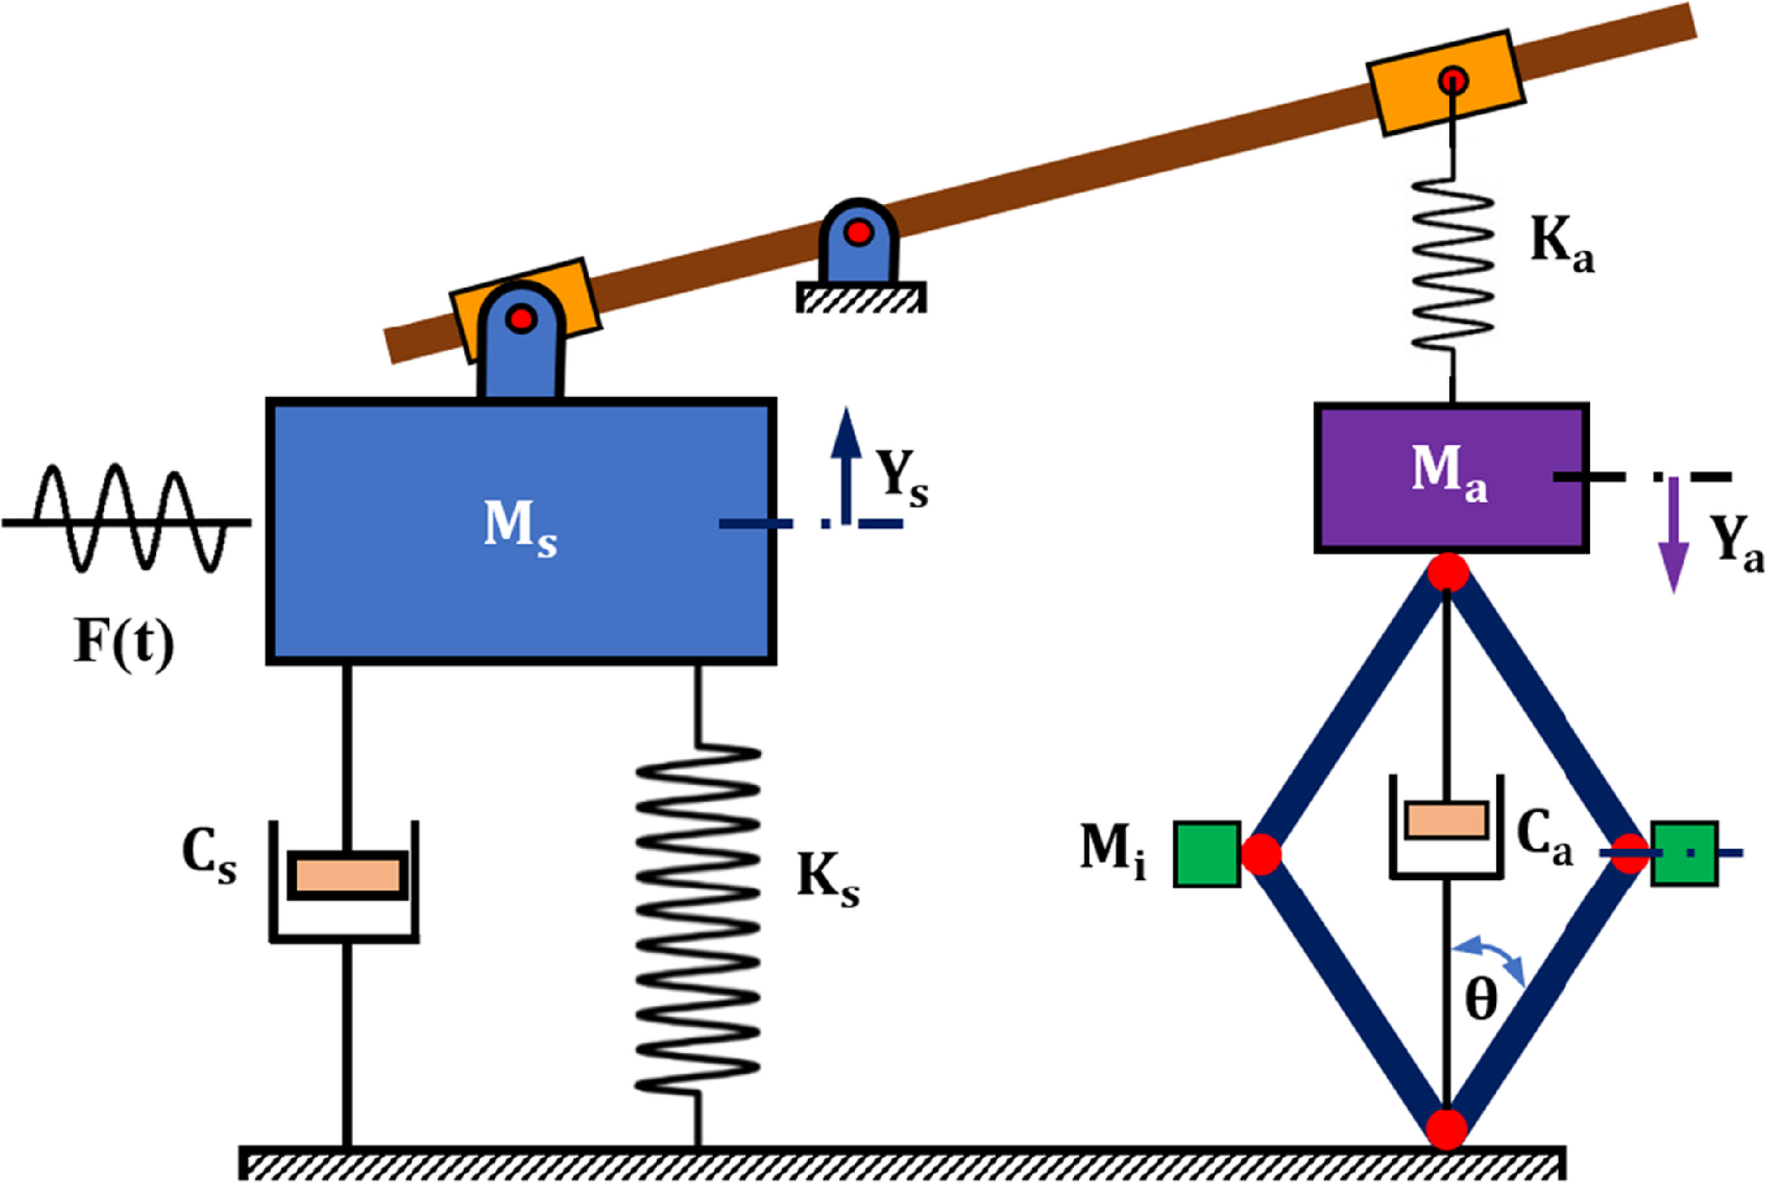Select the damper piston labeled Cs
(347, 875)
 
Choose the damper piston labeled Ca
(1446, 820)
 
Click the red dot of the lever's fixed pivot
(858, 233)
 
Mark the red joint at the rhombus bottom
(1446, 1129)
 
